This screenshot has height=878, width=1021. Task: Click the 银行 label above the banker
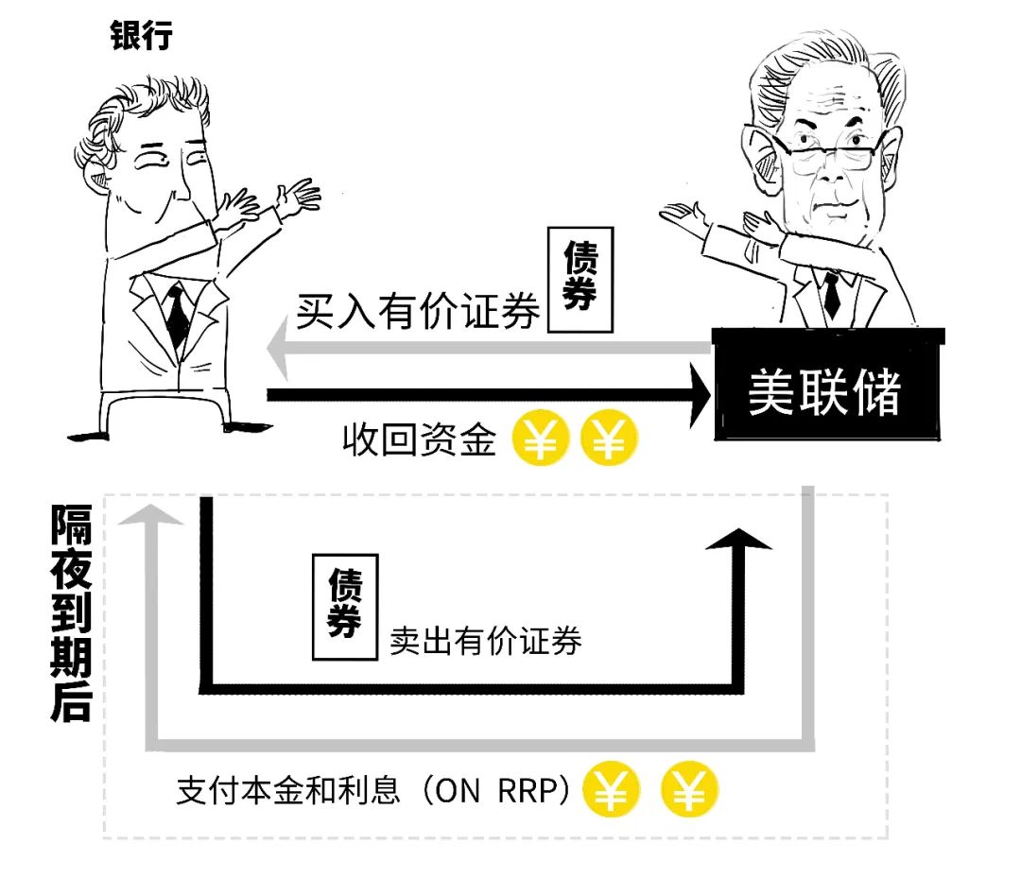click(x=141, y=34)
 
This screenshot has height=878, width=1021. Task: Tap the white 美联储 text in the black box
click(x=824, y=392)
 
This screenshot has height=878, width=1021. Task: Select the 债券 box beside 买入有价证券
click(x=580, y=280)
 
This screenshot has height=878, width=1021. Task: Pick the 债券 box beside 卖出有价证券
click(x=345, y=607)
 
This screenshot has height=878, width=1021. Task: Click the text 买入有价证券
click(x=418, y=311)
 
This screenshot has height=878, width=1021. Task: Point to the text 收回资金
click(x=420, y=439)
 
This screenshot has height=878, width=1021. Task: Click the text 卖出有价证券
click(x=486, y=641)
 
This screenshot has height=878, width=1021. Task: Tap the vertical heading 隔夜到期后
click(x=71, y=612)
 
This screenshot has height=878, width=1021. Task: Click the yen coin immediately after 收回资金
click(x=541, y=438)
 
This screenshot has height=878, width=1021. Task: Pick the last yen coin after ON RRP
click(x=689, y=789)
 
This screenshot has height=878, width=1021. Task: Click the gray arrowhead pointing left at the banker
click(x=278, y=348)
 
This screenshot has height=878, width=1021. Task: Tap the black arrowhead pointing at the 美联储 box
click(x=701, y=395)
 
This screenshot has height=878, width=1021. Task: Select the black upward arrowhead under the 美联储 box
click(x=738, y=539)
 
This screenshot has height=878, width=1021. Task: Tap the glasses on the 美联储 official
click(x=830, y=154)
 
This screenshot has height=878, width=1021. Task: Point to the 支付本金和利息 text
click(x=287, y=791)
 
